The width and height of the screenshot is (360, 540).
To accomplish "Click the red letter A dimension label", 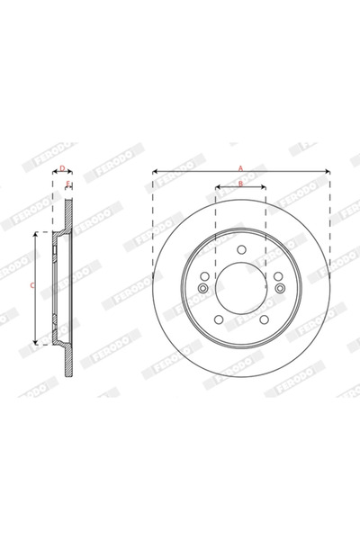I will tap(240, 167).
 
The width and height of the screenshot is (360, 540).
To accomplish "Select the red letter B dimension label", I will tap(240, 184).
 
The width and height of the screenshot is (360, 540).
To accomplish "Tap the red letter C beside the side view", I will tap(32, 286).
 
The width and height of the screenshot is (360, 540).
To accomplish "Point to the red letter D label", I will tap(61, 167).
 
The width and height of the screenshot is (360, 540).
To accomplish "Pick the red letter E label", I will tap(68, 184).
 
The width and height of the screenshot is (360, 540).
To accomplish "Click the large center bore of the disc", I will tap(240, 286).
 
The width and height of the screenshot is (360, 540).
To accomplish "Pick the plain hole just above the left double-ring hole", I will tap(206, 275).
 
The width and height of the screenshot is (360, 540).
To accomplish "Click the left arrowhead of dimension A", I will tap(155, 171).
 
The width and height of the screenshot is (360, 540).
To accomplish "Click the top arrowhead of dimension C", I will tap(36, 233).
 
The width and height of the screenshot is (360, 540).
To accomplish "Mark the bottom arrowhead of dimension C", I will tap(36, 343).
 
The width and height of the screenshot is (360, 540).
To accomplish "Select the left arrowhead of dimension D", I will tap(54, 172).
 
